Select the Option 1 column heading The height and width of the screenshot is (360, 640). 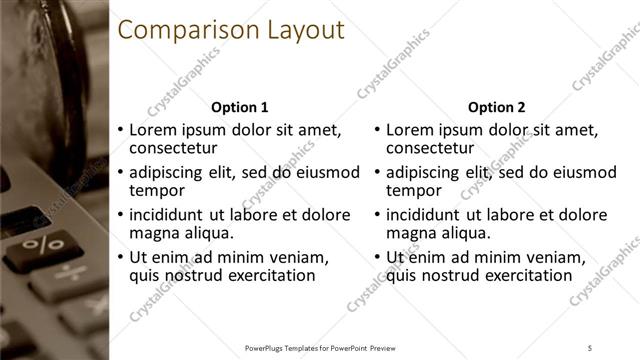tap(240, 107)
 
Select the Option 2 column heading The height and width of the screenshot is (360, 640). tap(497, 107)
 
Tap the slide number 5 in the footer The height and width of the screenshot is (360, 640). tap(590, 348)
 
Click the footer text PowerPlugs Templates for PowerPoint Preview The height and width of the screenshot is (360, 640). tap(319, 348)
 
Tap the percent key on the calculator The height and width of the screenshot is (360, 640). tap(43, 245)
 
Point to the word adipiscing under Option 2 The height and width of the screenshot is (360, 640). tap(427, 172)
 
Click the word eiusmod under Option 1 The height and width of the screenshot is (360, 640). tap(327, 172)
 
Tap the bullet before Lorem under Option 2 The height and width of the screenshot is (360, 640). tap(377, 131)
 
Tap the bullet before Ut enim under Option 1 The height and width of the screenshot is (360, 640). tap(120, 258)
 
